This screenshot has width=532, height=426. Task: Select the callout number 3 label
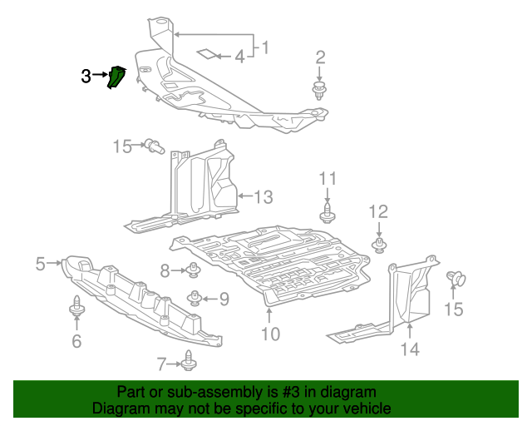coord(86,77)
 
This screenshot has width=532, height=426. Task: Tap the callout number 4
coord(239,57)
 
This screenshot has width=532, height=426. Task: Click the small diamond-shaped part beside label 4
coord(204,55)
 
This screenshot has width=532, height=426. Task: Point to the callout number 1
coord(264,48)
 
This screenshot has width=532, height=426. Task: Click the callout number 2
coord(320,57)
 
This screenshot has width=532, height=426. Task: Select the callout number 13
coord(263,197)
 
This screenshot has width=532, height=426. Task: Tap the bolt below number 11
coord(328,213)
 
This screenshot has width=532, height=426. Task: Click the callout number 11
coord(328,178)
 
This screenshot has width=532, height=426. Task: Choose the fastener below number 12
coord(379,245)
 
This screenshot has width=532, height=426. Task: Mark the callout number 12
coord(378,211)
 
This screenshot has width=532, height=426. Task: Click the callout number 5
coord(40,264)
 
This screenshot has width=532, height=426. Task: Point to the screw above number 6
coord(76,307)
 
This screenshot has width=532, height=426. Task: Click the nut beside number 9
coord(196,297)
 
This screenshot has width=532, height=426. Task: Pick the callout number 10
coord(270,334)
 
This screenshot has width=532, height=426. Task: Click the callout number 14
coord(410,349)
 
